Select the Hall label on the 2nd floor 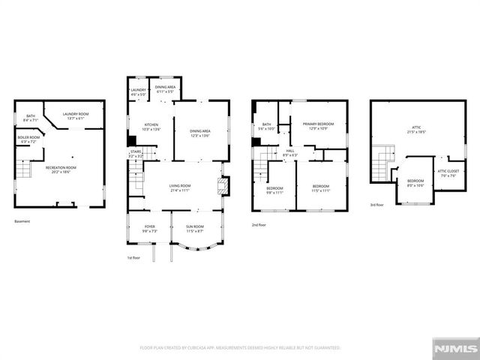pyautogui.click(x=289, y=153)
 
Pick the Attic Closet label pyautogui.click(x=448, y=174)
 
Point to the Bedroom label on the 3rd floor pyautogui.click(x=415, y=182)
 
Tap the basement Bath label pyautogui.click(x=31, y=117)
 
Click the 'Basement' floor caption pyautogui.click(x=22, y=221)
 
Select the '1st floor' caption pyautogui.click(x=134, y=258)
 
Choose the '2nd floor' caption pyautogui.click(x=259, y=224)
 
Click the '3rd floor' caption pyautogui.click(x=376, y=205)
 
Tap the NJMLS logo pyautogui.click(x=455, y=349)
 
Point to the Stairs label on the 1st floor pyautogui.click(x=136, y=153)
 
